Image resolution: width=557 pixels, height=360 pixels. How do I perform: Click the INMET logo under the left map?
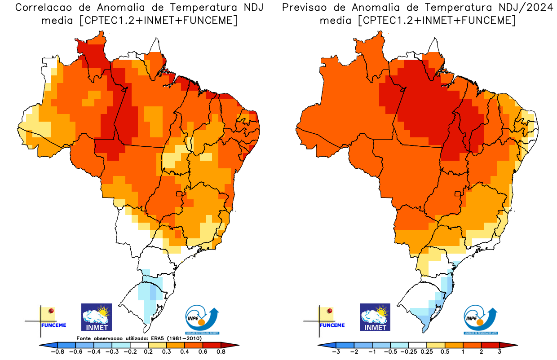96,317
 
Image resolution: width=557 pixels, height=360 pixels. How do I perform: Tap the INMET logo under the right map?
375,317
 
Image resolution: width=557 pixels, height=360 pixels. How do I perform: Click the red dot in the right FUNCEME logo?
330,311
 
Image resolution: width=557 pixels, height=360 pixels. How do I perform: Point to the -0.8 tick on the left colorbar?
57,351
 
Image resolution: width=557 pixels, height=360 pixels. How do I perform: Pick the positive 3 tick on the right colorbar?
499,351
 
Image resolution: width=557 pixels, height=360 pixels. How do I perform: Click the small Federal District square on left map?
179,194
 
